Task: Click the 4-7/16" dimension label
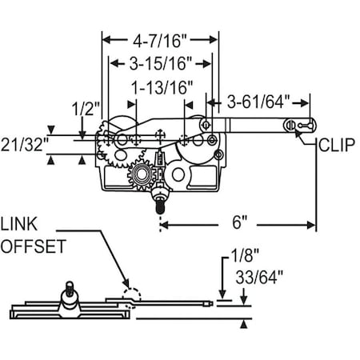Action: tap(159, 38)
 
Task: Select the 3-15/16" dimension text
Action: tap(159, 62)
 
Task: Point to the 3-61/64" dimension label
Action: tap(258, 102)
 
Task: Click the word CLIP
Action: tap(337, 146)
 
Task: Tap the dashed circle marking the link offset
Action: tap(131, 297)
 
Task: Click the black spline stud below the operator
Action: tap(160, 207)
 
